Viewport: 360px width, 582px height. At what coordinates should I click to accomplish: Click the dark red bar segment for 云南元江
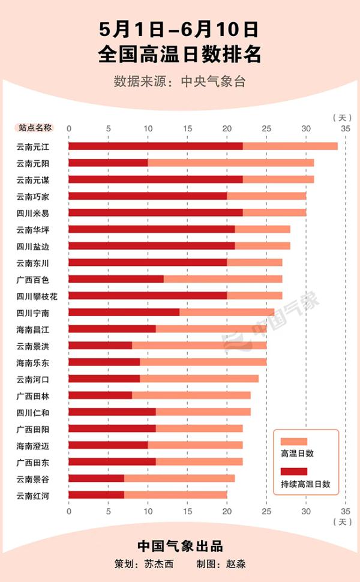pyautogui.click(x=155, y=146)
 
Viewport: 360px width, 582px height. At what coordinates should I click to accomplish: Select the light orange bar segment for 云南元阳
pyautogui.click(x=230, y=163)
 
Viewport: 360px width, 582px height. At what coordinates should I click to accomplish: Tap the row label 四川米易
pyautogui.click(x=34, y=213)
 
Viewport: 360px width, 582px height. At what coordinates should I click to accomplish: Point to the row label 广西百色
pyautogui.click(x=34, y=280)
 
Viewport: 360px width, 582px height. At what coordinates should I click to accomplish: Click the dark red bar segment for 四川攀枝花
pyautogui.click(x=148, y=296)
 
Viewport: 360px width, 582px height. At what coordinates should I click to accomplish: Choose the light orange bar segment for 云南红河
pyautogui.click(x=176, y=495)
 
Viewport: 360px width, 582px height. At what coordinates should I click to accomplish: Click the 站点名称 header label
pyautogui.click(x=35, y=128)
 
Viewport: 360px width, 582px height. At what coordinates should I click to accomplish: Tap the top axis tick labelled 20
pyautogui.click(x=227, y=128)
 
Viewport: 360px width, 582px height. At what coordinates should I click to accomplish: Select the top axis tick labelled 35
pyautogui.click(x=344, y=128)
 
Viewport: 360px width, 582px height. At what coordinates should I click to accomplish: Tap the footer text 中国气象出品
pyautogui.click(x=179, y=546)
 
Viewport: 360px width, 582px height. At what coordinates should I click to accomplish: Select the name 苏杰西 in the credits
pyautogui.click(x=157, y=564)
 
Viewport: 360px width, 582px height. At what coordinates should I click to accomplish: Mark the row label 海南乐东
pyautogui.click(x=34, y=362)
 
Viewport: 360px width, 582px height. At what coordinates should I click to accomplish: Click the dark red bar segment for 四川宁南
pyautogui.click(x=124, y=312)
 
